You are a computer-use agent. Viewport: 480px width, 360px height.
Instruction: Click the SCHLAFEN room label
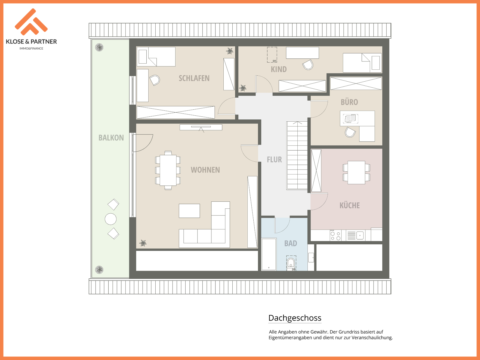pyautogui.click(x=194, y=78)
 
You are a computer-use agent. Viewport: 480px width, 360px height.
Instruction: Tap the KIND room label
pyautogui.click(x=279, y=69)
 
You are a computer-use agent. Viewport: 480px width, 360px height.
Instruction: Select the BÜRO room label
pyautogui.click(x=349, y=102)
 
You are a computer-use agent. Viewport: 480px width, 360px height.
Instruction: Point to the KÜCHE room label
pyautogui.click(x=350, y=205)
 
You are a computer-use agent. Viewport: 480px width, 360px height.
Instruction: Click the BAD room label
pyautogui.click(x=291, y=243)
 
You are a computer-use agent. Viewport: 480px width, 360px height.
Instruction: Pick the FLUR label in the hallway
pyautogui.click(x=274, y=159)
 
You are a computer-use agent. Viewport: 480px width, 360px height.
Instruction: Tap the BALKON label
pyautogui.click(x=111, y=138)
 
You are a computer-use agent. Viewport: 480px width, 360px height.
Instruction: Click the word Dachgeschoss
pyautogui.click(x=295, y=318)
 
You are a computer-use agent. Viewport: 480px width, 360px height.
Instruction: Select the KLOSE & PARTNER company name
pyautogui.click(x=31, y=42)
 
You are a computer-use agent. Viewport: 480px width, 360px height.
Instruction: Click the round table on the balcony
pyautogui.click(x=110, y=219)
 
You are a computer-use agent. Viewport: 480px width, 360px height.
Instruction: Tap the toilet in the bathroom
pyautogui.click(x=291, y=263)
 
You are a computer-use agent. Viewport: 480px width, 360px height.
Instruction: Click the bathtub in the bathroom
pyautogui.click(x=269, y=254)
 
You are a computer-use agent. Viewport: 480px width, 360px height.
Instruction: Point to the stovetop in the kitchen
pyautogui.click(x=336, y=236)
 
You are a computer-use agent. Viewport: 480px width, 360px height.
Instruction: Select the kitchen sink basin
pyautogui.click(x=360, y=235)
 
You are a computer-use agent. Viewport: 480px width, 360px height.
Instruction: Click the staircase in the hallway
pyautogui.click(x=297, y=155)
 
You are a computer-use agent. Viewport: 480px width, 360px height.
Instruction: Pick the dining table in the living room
pyautogui.click(x=168, y=170)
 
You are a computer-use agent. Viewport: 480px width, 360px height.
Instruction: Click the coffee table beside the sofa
pyautogui.click(x=189, y=211)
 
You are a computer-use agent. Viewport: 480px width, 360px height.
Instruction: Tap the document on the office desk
pyautogui.click(x=350, y=118)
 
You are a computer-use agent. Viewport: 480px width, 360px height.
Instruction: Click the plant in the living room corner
pyautogui.click(x=143, y=243)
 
